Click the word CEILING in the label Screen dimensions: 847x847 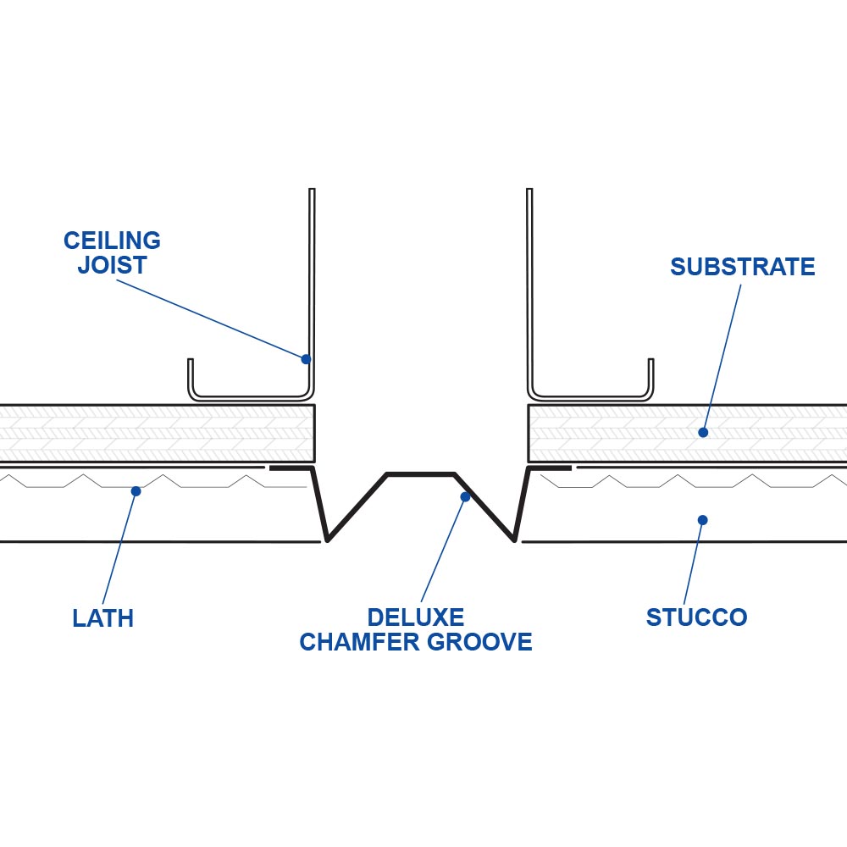click(x=112, y=241)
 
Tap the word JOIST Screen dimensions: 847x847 click(x=112, y=265)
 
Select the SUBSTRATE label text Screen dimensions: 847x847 click(x=742, y=268)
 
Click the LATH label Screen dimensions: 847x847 click(x=102, y=618)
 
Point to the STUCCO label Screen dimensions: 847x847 click(x=696, y=617)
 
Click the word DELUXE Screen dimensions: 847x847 click(x=415, y=617)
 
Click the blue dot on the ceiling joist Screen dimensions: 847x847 click(x=306, y=359)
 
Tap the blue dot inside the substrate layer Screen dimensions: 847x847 click(x=702, y=432)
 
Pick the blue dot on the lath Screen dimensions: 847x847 click(x=136, y=491)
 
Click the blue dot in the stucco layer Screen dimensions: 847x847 click(x=702, y=520)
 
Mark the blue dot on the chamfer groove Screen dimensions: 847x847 click(x=465, y=497)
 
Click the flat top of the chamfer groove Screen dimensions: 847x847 click(x=421, y=474)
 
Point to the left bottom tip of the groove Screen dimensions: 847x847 click(x=328, y=538)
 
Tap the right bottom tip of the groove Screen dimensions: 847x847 click(x=513, y=538)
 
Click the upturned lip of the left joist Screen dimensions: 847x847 click(x=191, y=377)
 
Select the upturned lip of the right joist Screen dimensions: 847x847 click(x=650, y=377)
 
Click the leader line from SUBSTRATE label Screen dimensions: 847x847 click(x=722, y=356)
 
